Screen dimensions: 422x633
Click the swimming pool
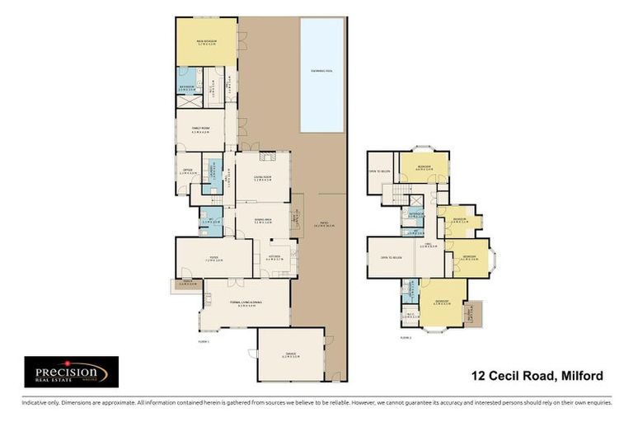coord(322,74)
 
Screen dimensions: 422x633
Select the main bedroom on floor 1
coord(205,41)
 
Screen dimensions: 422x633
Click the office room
coord(187,172)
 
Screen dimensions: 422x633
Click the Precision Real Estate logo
coord(71,372)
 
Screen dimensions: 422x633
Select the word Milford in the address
coord(581,376)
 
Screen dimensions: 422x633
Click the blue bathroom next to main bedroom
coord(188,81)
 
